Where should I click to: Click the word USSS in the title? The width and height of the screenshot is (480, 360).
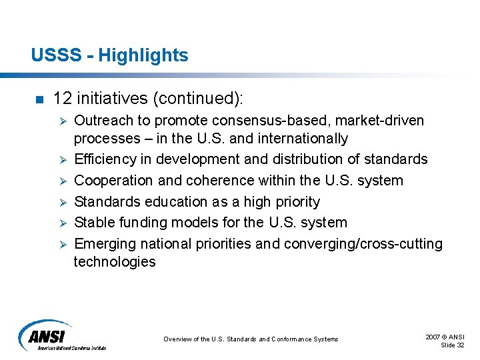click(50, 55)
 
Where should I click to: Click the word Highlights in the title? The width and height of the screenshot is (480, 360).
click(143, 55)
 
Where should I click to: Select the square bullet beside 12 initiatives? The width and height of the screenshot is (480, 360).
click(38, 100)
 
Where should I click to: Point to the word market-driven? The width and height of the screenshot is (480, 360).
click(389, 121)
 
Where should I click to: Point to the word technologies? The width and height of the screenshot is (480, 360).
click(114, 262)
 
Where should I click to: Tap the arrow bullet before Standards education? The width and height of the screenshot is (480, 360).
click(61, 202)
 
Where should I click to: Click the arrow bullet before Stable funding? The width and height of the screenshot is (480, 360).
click(61, 223)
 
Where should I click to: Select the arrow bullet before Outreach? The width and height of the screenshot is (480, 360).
click(61, 121)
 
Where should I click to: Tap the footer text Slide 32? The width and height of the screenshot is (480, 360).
click(453, 345)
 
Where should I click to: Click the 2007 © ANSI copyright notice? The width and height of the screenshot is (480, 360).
click(445, 337)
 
